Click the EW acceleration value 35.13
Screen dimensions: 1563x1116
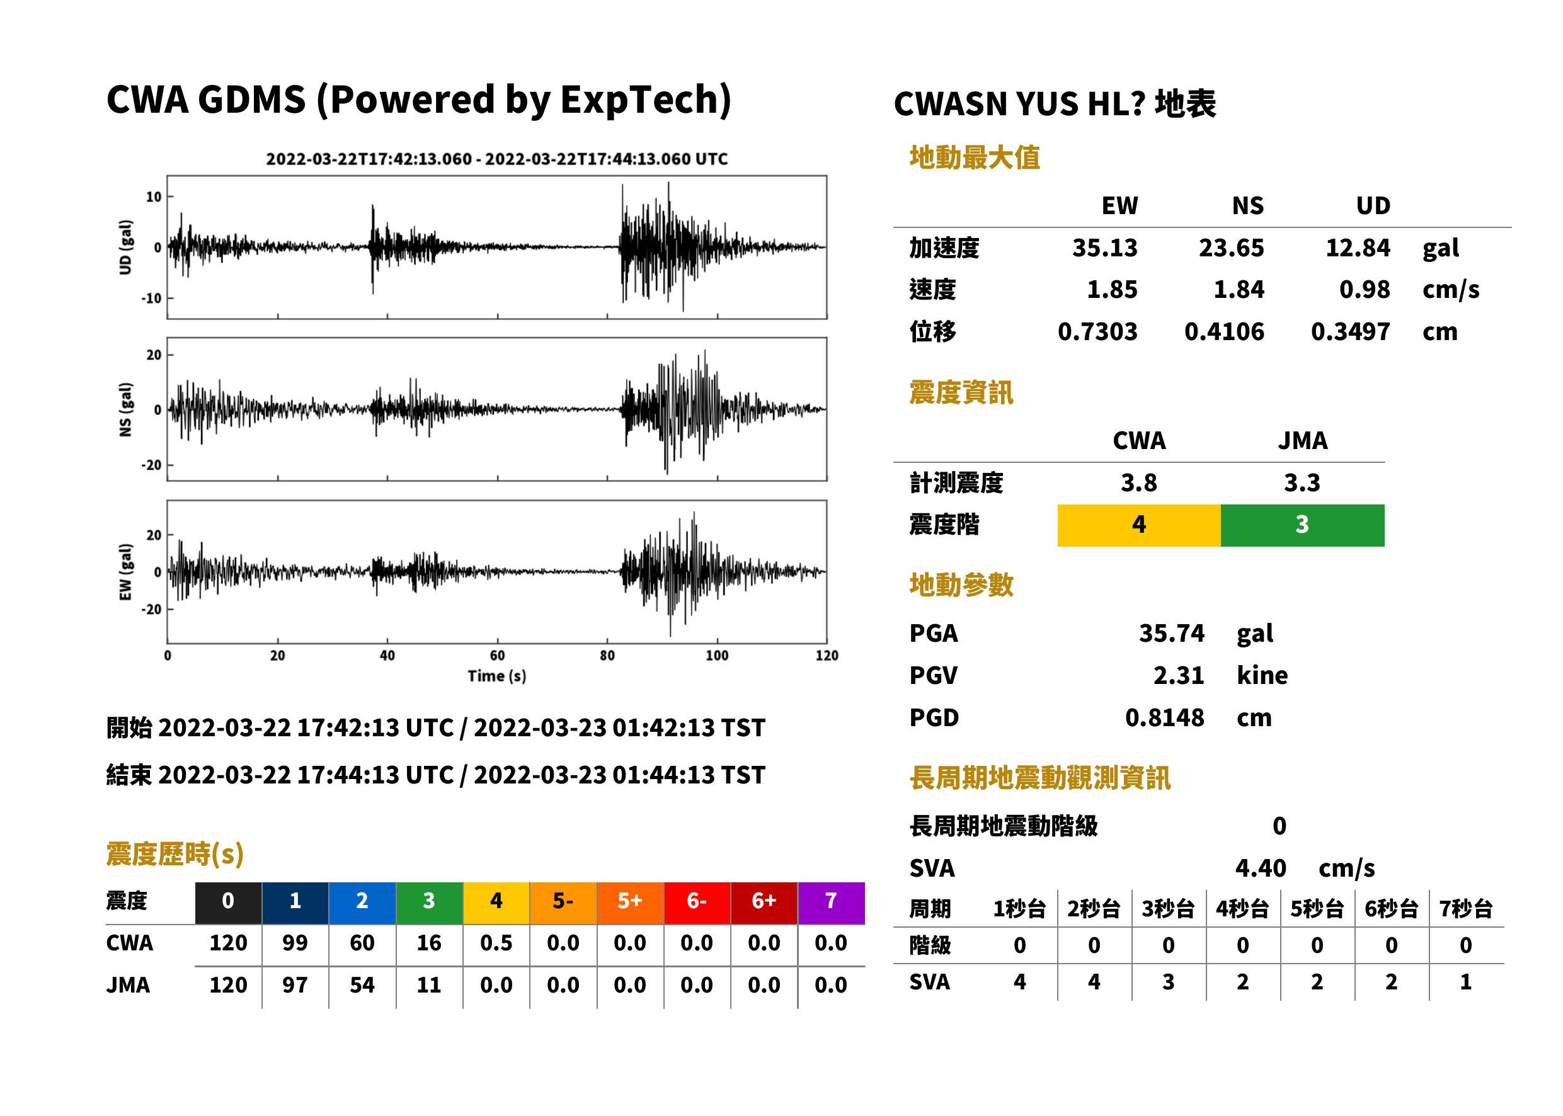1104,248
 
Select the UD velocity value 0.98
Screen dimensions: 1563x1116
1365,289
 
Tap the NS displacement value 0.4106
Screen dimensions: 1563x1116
1223,331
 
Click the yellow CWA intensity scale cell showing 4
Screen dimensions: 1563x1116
1138,525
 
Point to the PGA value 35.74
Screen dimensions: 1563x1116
1171,633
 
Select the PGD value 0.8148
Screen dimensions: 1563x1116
1164,717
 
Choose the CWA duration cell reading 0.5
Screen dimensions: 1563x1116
496,943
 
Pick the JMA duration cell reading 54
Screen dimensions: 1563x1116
362,985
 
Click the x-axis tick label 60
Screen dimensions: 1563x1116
497,656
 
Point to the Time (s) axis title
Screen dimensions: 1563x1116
497,676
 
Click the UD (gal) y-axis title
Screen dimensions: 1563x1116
125,248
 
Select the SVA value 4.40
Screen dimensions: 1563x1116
1261,868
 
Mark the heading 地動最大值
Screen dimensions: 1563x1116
975,157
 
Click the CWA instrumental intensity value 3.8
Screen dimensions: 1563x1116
1139,482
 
